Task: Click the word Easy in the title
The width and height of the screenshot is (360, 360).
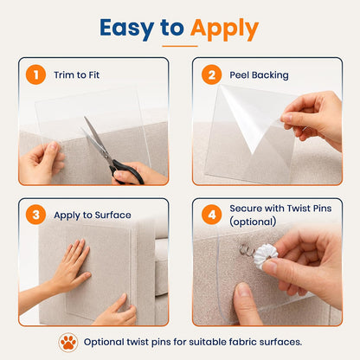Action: point(127,29)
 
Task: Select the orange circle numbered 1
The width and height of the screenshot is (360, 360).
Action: point(35,74)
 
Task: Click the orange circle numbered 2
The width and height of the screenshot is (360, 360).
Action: point(212,74)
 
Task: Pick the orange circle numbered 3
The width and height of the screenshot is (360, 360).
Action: point(35,215)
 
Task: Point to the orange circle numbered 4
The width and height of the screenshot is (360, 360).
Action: point(212,215)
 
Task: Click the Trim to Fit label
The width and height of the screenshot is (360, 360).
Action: point(77,75)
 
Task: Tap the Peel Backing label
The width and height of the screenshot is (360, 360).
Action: point(259,75)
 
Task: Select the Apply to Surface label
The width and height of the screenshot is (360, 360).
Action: point(93,215)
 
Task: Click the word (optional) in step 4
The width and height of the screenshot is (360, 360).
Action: point(253,222)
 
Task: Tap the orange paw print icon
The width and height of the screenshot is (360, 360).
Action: point(68,343)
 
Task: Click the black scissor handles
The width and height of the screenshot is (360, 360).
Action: point(126,171)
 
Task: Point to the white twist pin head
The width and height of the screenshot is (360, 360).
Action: point(266,256)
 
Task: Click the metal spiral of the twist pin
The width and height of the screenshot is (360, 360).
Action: point(245,250)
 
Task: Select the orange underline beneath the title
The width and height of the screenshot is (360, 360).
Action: point(180,46)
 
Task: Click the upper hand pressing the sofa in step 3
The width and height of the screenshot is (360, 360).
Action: point(71,267)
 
